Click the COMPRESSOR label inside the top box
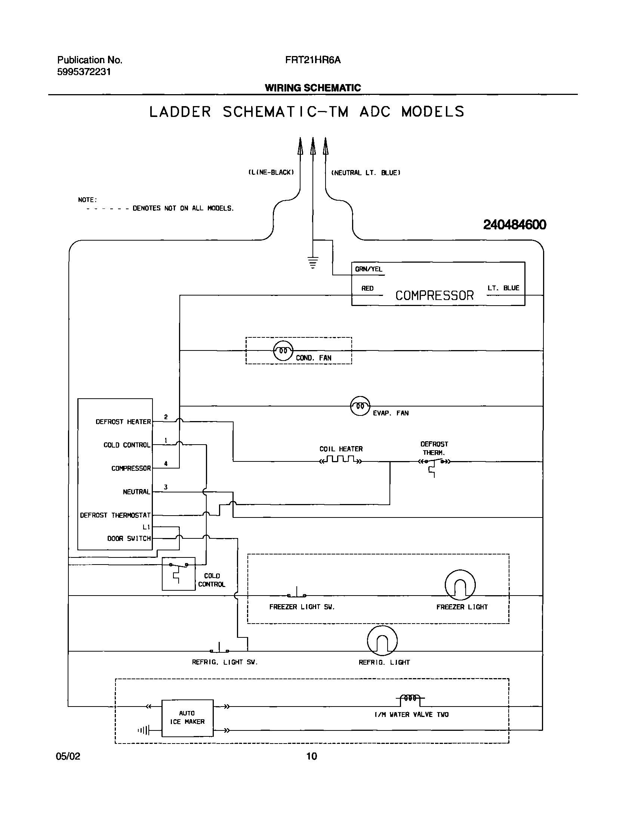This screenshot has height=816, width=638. point(434,296)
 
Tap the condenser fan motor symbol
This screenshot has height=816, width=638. point(283,350)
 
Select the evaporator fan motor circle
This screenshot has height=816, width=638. point(360,406)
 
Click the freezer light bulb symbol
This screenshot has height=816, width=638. point(460,585)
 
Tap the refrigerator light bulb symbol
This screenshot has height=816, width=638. point(382,641)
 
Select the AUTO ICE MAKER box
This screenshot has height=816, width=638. point(187,717)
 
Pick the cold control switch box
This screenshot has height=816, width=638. point(178,574)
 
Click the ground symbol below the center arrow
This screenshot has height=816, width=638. point(313,262)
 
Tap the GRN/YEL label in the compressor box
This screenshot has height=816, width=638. point(369,269)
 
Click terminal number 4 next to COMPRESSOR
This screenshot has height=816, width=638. point(166,464)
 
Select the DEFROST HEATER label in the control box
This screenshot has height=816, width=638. point(123,422)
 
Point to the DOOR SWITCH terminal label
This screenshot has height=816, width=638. point(129,538)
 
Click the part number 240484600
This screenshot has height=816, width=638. point(514,225)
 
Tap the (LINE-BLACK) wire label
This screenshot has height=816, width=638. point(271,172)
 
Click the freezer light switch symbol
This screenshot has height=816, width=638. point(297,594)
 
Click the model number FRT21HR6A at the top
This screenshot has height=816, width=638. point(313,60)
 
